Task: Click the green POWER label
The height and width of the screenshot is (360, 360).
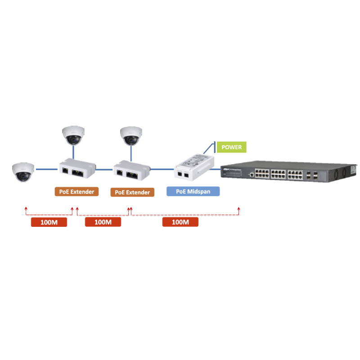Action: [x=232, y=147]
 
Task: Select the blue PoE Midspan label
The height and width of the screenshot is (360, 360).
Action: [x=193, y=191]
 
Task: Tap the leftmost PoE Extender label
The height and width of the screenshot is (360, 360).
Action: [x=77, y=191]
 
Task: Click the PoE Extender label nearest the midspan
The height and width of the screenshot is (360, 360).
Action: [x=132, y=192]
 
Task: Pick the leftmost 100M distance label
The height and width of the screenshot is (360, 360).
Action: [x=49, y=222]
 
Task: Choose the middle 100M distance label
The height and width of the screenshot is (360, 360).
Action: [x=103, y=222]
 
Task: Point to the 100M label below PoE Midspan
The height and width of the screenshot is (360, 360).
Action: [x=180, y=222]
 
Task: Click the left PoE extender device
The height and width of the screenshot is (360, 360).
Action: [x=77, y=169]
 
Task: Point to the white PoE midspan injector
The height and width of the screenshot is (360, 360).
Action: [x=194, y=165]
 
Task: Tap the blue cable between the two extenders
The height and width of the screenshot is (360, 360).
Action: [x=104, y=169]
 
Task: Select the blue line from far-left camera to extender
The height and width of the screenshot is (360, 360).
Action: [x=46, y=169]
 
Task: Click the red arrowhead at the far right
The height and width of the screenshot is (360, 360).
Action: [x=238, y=209]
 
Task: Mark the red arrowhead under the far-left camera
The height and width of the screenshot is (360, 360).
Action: [x=26, y=209]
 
